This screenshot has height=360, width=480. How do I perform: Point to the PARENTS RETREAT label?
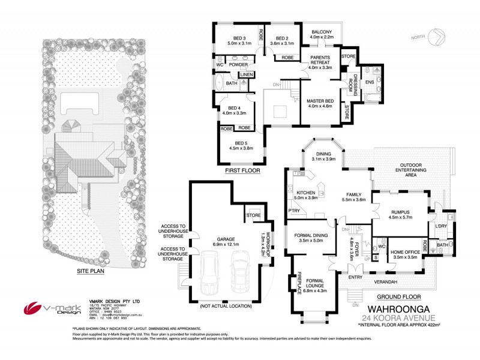coord(320,64)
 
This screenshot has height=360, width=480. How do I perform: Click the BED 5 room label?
coord(241,146)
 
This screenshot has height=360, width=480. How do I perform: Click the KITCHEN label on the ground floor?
coord(304,194)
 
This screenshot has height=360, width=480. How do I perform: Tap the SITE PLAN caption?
coord(92,271)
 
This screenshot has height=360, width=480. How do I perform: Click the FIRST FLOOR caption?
coord(242,171)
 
